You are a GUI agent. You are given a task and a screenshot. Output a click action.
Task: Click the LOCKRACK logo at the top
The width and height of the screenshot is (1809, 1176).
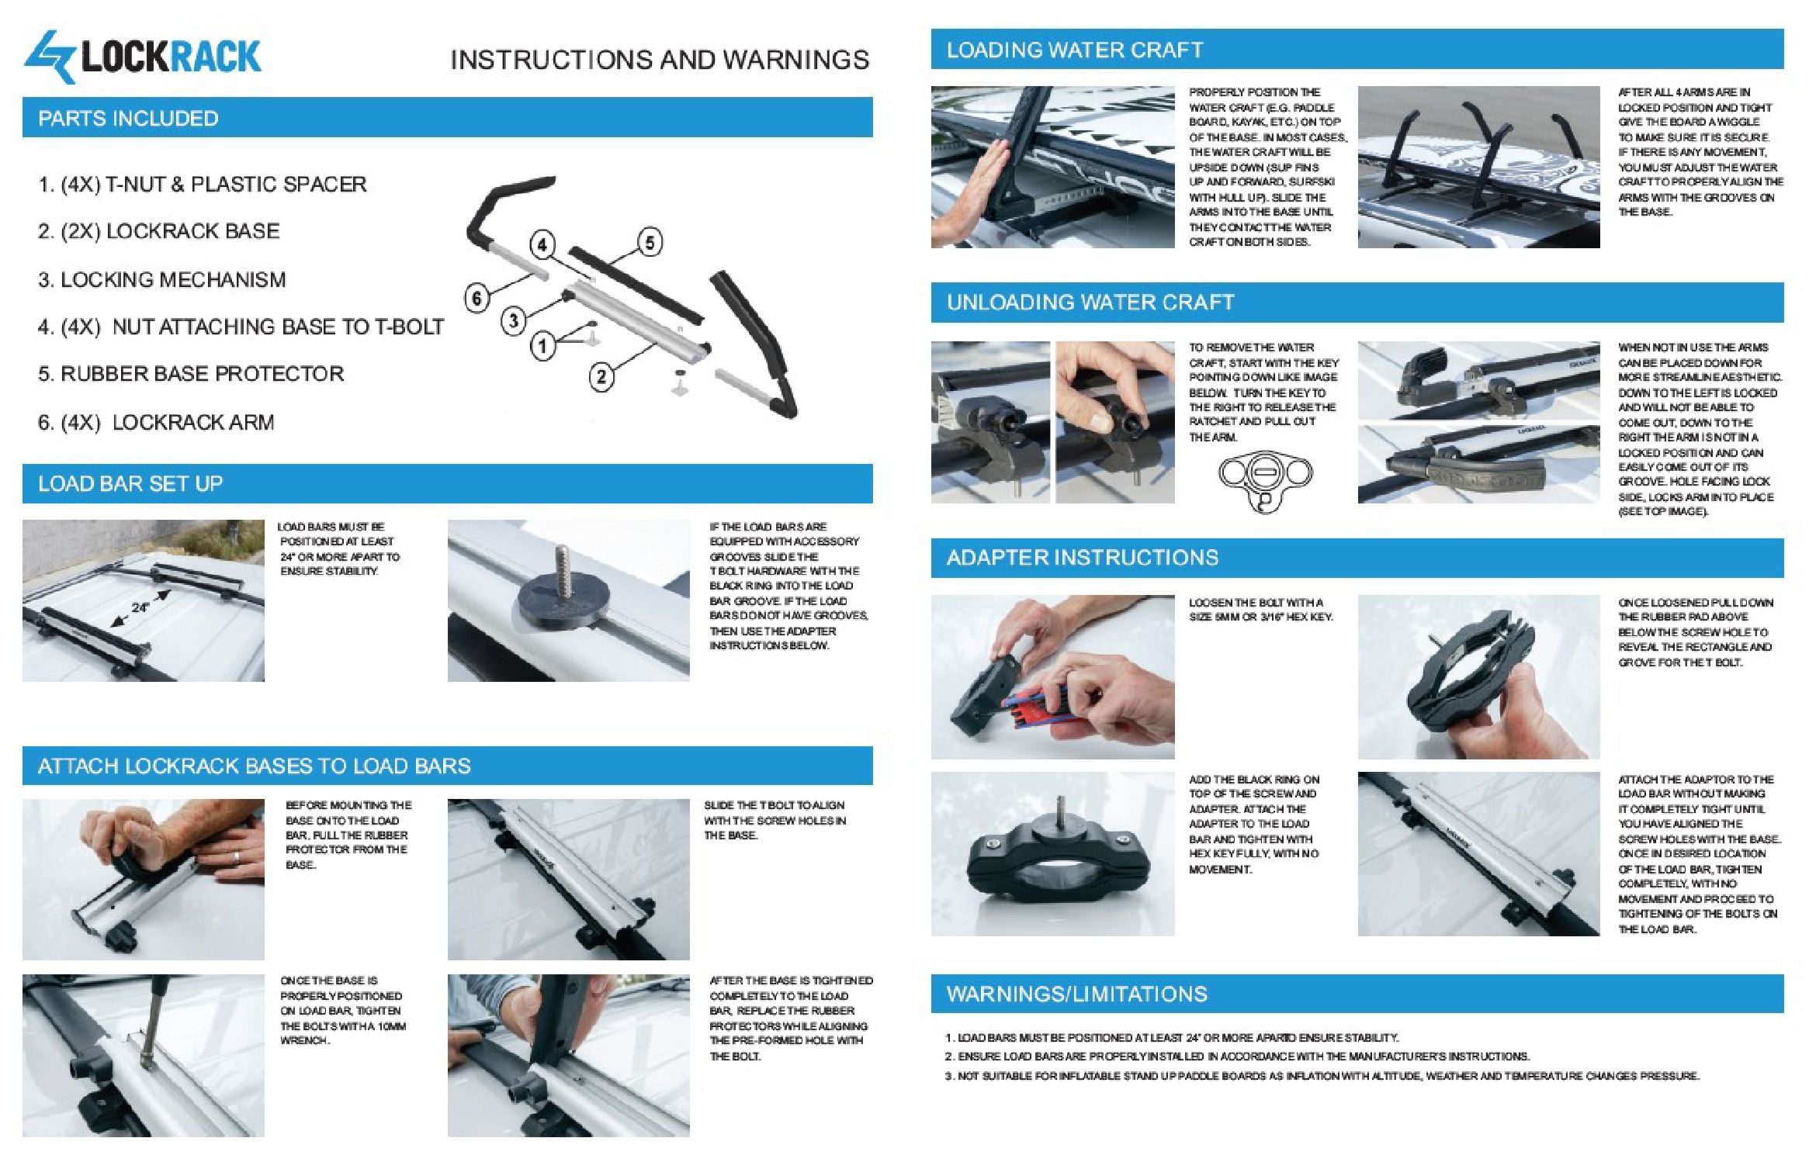coord(143,57)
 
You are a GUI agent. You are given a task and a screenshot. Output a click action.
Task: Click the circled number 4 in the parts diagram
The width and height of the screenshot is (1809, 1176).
coord(542,246)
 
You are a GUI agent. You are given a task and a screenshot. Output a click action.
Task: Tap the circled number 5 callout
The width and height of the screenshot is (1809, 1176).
coord(650,243)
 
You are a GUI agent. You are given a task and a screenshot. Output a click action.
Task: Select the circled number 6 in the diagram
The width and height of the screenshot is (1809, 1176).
coord(477,298)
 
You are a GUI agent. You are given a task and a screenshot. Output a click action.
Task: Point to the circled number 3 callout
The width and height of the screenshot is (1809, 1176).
coord(513,320)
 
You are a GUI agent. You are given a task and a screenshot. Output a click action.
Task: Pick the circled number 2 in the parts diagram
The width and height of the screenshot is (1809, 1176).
coord(601,377)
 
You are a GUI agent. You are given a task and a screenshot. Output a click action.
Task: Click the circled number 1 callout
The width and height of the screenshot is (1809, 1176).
coord(543,346)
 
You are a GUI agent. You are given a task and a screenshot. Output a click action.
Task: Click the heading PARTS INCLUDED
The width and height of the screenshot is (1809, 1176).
coord(128,119)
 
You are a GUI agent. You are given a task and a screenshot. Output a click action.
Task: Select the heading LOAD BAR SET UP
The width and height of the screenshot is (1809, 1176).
coord(130,484)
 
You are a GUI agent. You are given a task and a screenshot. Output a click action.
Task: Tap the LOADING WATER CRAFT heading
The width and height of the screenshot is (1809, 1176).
coord(1075,50)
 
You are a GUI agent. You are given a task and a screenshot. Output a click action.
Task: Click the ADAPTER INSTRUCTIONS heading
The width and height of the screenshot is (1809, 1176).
coord(1083,558)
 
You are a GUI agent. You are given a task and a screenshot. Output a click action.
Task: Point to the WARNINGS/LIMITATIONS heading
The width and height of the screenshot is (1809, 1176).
coord(1077,994)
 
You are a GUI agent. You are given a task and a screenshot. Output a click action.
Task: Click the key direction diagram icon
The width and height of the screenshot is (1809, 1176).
coord(1265,481)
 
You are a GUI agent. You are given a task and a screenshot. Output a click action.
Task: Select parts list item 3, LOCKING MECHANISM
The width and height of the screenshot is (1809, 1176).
coord(161,280)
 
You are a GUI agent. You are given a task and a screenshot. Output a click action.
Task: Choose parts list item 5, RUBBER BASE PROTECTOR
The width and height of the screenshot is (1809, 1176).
coord(190,374)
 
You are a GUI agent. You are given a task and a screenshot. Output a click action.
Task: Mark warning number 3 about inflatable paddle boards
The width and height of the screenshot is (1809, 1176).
coord(1322,1076)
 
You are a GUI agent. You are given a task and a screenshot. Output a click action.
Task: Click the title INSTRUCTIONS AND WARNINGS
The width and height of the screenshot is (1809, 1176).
coord(660,61)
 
